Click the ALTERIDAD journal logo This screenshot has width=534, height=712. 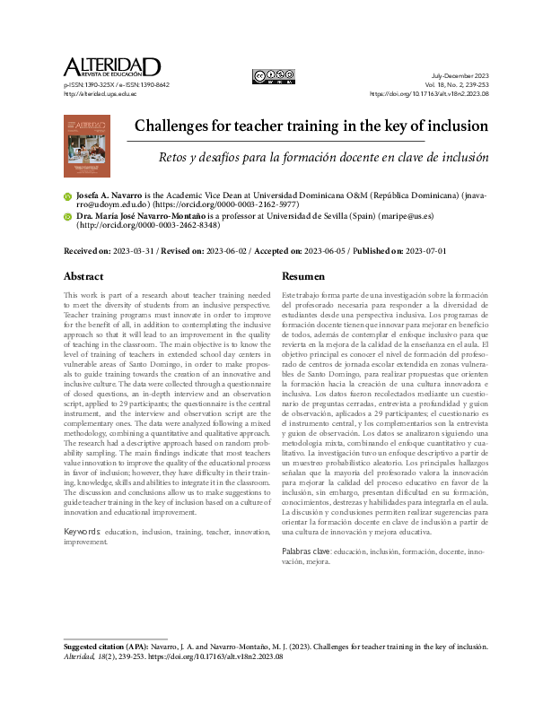point(112,68)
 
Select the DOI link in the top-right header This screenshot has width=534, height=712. point(429,93)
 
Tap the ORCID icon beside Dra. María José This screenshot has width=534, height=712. point(67,217)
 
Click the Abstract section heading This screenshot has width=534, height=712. point(83,276)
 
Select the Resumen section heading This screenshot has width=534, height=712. point(305,276)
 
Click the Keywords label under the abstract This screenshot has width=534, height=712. point(82,532)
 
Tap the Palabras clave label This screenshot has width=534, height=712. point(306,550)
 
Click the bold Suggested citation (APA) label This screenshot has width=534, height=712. point(112,646)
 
